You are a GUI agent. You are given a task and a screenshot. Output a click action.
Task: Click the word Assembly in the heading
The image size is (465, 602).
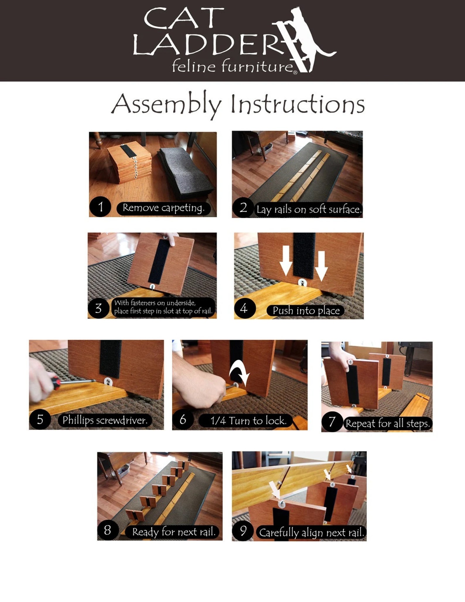point(166,105)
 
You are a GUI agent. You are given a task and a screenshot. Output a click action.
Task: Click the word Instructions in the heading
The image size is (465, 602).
point(298,104)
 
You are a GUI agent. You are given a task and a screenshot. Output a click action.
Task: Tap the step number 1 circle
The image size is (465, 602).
point(100,207)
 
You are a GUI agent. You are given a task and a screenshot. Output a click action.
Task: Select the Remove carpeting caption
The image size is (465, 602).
point(163,208)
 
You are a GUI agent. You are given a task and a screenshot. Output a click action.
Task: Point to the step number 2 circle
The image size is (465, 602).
point(243,208)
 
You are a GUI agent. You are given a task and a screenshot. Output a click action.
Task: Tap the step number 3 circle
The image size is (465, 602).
point(98,308)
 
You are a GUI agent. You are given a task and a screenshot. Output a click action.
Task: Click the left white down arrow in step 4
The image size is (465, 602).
point(286,261)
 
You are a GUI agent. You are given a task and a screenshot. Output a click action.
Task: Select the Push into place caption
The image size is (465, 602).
point(306,311)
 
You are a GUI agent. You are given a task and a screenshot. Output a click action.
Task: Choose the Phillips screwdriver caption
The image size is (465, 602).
point(105,420)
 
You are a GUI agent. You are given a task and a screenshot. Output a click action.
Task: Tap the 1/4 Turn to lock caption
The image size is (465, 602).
point(248,421)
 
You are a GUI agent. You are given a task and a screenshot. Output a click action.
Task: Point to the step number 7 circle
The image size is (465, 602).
point(332,422)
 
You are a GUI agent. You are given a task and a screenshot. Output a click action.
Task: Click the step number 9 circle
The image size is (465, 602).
point(243,531)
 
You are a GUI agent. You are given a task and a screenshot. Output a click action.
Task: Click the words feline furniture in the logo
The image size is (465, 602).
point(233,66)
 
